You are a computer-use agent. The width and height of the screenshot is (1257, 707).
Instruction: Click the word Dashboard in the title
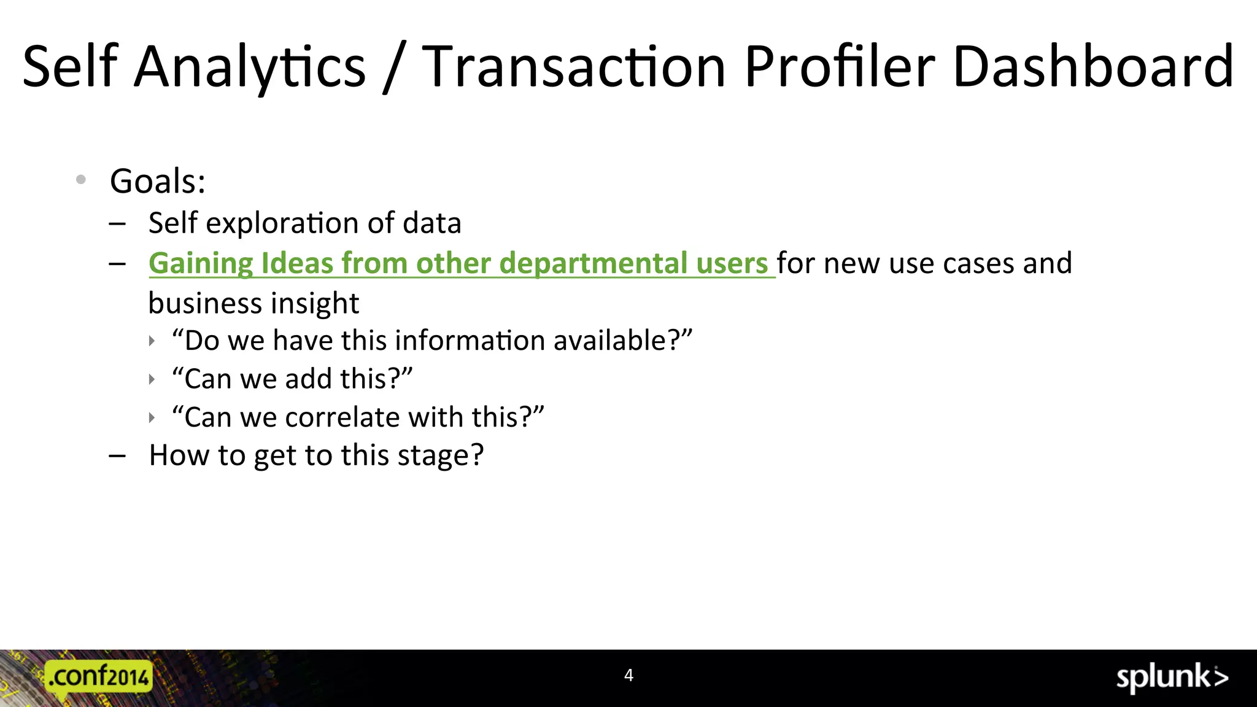coord(1093,66)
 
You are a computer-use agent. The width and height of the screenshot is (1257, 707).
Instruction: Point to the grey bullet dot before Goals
coord(81,180)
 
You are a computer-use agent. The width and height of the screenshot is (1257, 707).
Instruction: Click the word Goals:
coord(158,181)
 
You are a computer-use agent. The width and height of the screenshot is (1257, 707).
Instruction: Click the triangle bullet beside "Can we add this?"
coord(152,379)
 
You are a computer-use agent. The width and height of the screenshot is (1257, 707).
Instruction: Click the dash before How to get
coord(117,456)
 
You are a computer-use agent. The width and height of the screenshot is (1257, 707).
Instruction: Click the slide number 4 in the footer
coord(628,676)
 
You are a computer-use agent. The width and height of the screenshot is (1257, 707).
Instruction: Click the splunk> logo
coord(1172,678)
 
